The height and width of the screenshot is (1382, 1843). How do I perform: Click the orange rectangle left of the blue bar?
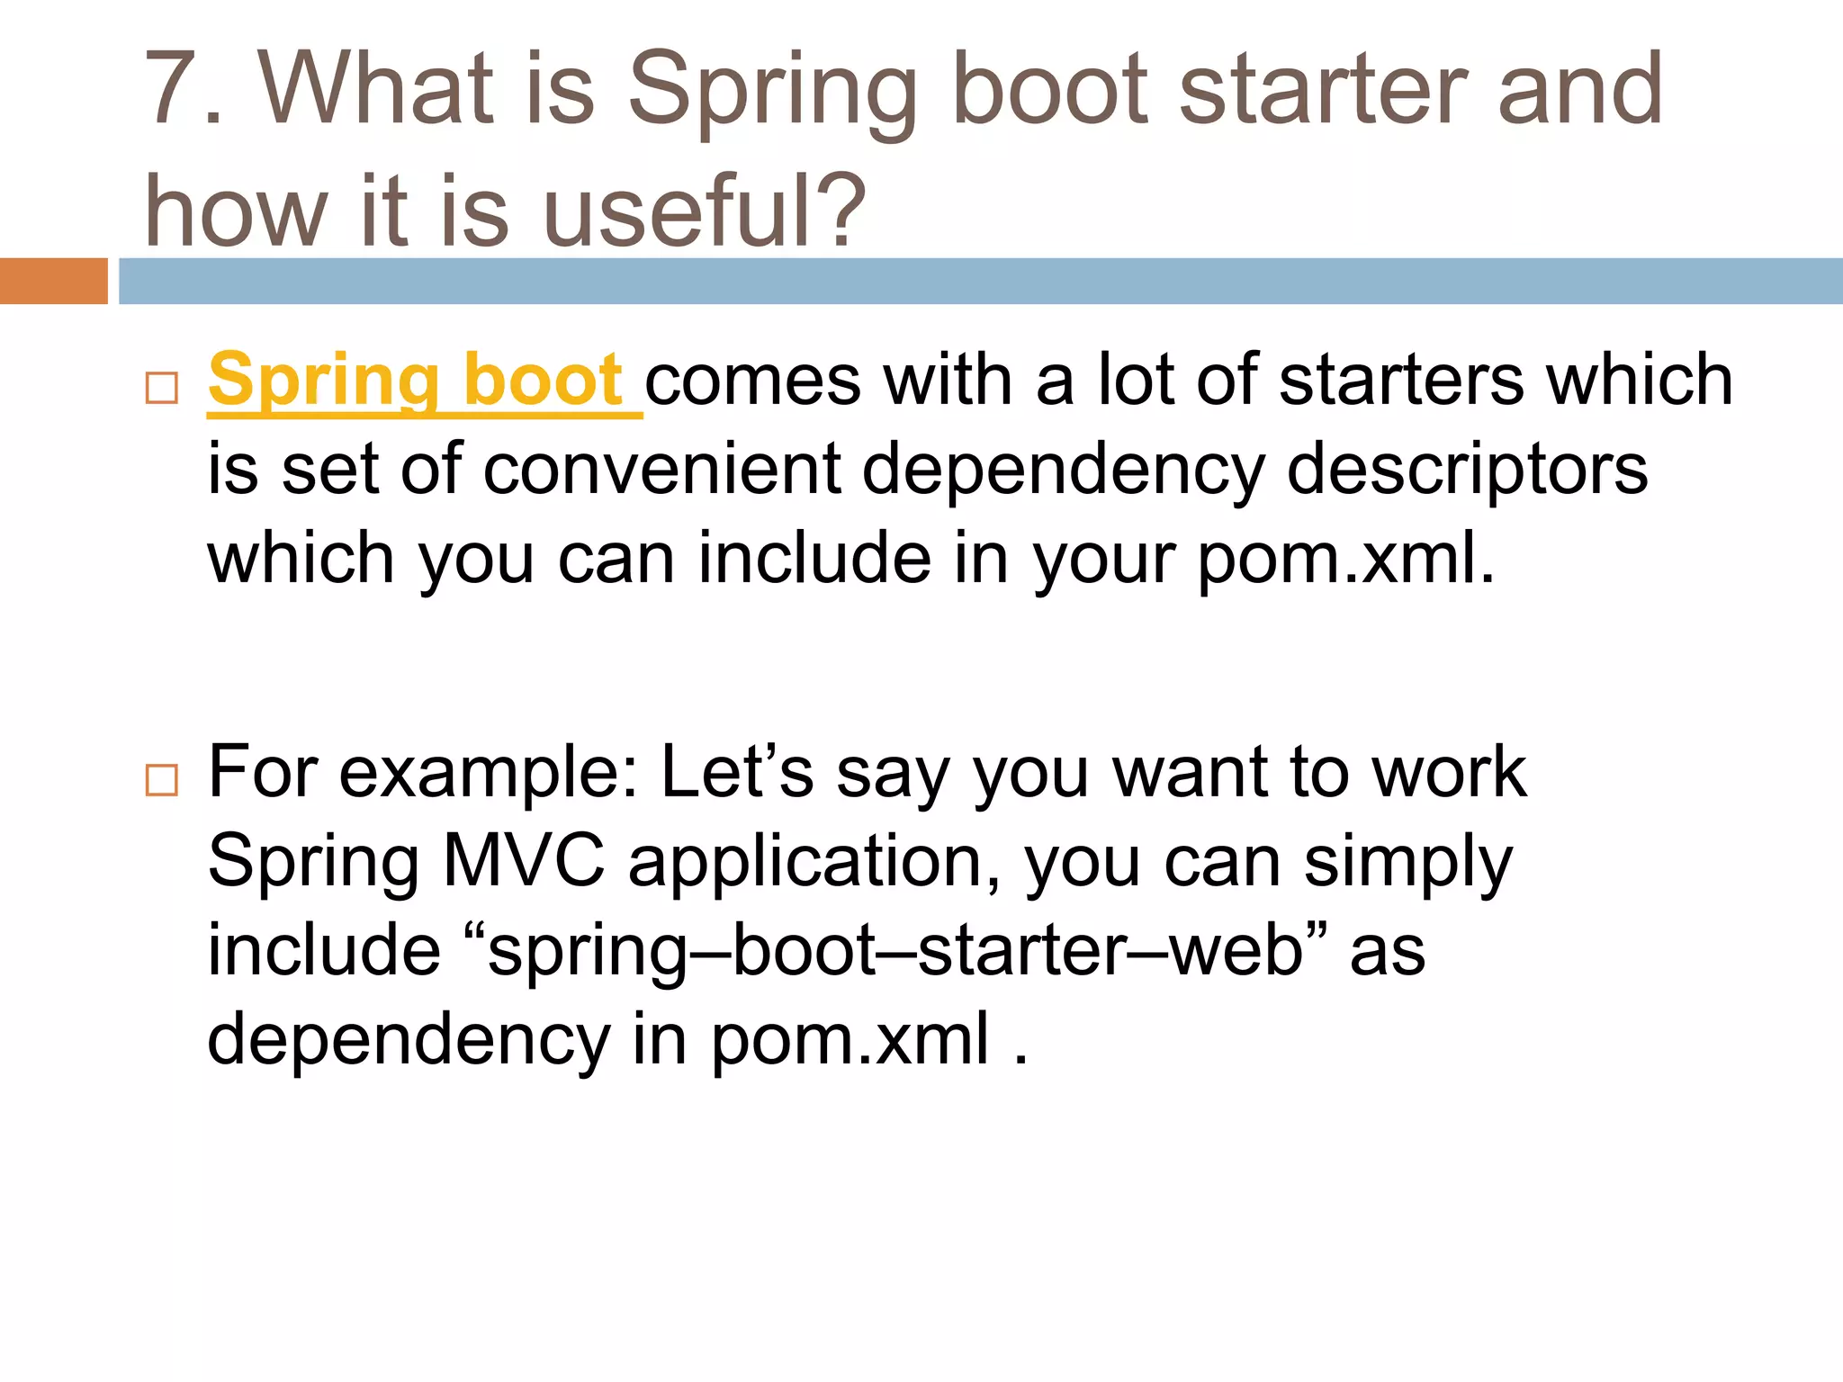coord(53,281)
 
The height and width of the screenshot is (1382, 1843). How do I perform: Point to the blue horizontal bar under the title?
coord(981,281)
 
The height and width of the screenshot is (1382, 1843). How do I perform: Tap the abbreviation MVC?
coord(524,861)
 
